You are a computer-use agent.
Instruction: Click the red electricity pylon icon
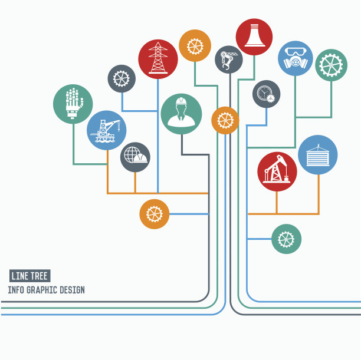tap(158, 59)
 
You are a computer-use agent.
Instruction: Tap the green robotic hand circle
tap(73, 104)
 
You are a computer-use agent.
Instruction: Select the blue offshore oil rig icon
tap(107, 130)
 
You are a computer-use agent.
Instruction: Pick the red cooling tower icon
tap(254, 37)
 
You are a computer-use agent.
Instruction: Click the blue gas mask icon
tap(296, 58)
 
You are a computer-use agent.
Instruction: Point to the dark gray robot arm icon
tap(229, 60)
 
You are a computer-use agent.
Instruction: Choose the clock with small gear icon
tap(267, 94)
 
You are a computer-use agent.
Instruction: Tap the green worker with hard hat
tap(182, 114)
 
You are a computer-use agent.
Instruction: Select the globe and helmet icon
tap(136, 157)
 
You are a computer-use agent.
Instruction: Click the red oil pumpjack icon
tap(277, 171)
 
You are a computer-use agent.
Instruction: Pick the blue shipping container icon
tap(318, 155)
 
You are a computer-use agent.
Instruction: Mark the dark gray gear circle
tap(122, 79)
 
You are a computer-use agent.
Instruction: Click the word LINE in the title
tap(20, 276)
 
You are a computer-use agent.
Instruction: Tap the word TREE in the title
tap(39, 276)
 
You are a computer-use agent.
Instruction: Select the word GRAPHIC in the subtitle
tap(42, 290)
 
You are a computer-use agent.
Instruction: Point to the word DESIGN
tap(72, 290)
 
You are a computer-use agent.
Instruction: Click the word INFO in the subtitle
tap(16, 290)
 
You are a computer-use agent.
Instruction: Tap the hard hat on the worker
tap(181, 101)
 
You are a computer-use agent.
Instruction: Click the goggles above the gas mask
tap(296, 51)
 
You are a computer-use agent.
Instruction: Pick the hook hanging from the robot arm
tap(226, 67)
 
